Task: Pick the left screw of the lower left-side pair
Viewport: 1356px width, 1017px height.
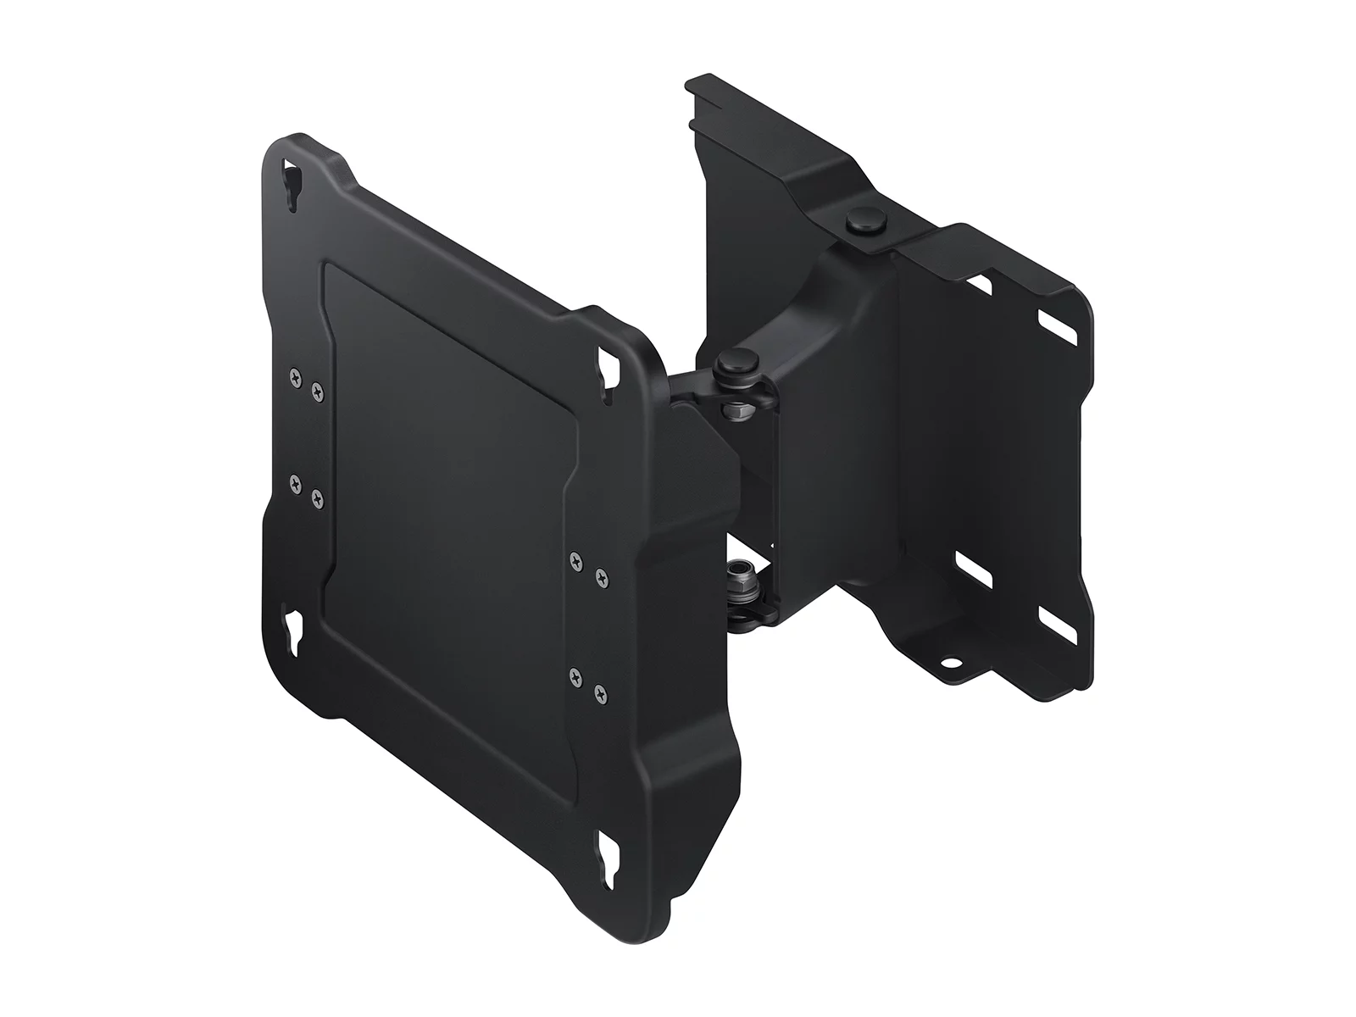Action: [295, 485]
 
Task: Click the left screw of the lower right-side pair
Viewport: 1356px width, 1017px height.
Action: [577, 676]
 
